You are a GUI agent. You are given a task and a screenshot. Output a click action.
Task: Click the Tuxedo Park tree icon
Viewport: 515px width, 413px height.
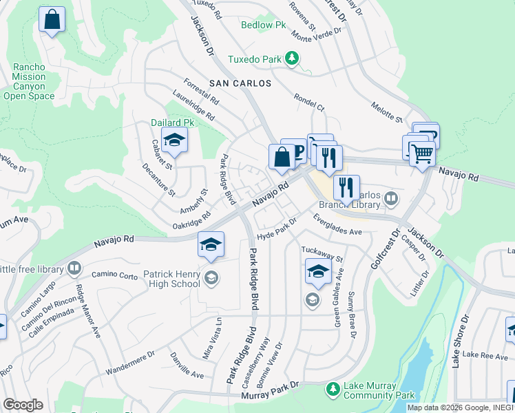pyautogui.click(x=293, y=59)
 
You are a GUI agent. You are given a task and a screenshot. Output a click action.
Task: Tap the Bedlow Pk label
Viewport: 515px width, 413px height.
pyautogui.click(x=263, y=25)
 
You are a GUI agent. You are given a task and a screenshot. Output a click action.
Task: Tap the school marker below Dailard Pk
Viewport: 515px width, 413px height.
pyautogui.click(x=175, y=141)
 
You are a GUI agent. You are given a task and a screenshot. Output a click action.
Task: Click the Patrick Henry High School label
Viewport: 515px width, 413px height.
pyautogui.click(x=171, y=279)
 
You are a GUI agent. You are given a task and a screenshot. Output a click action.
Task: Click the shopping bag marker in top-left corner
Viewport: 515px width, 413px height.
pyautogui.click(x=52, y=21)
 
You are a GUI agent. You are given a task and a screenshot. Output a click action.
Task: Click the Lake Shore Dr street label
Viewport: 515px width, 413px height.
pyautogui.click(x=460, y=341)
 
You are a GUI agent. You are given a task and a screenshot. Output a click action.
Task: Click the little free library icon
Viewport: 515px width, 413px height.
pyautogui.click(x=74, y=268)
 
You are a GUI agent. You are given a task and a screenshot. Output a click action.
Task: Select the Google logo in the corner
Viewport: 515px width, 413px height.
pyautogui.click(x=22, y=405)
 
